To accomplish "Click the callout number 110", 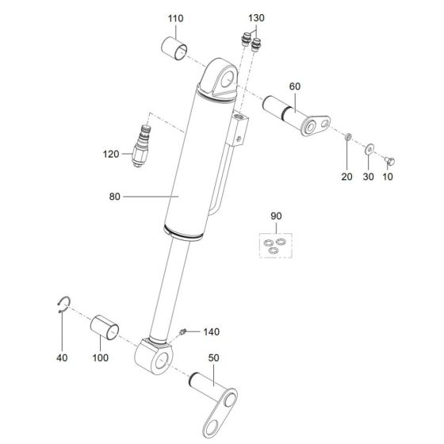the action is [x=175, y=19].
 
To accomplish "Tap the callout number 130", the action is [x=256, y=18].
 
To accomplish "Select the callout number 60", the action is [x=295, y=86].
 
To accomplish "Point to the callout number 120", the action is [x=111, y=155].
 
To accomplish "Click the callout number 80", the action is [x=115, y=197].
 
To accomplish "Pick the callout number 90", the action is [x=276, y=216].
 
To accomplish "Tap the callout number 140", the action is [x=211, y=332].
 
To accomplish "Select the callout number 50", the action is [x=214, y=358].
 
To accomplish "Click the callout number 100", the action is [x=101, y=358].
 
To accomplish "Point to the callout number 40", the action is [x=62, y=358].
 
